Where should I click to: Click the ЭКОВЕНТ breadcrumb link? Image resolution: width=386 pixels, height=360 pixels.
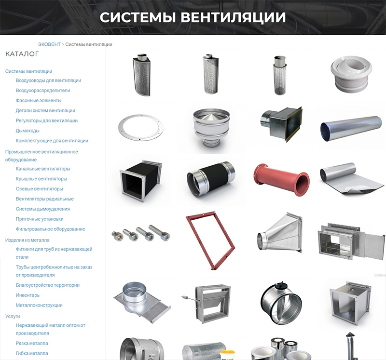point(49,44)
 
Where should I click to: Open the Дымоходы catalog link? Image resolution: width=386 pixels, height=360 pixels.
point(28,131)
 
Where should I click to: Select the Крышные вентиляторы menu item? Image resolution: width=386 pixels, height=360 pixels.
point(41,179)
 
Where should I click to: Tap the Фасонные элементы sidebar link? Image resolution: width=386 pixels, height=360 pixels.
point(39,100)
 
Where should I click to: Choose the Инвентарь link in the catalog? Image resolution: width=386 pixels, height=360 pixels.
point(28,295)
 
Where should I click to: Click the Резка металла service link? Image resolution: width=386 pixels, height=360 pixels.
point(32,343)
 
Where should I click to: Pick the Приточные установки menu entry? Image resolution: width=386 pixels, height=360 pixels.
point(40,219)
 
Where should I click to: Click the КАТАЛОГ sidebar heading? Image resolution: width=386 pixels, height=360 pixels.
point(22,54)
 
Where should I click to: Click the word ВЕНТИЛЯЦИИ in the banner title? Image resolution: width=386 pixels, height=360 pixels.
point(233,17)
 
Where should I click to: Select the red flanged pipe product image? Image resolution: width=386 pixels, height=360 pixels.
point(281,179)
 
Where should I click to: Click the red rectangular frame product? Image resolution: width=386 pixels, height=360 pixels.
point(210,240)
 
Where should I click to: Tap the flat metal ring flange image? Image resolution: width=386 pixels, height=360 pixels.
point(140,127)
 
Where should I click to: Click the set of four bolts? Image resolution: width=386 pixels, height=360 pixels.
point(141,233)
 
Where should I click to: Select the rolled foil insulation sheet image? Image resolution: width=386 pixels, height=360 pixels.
point(352,178)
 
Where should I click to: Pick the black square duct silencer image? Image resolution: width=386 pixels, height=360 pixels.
point(141,181)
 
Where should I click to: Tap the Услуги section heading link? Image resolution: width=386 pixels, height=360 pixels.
point(13,316)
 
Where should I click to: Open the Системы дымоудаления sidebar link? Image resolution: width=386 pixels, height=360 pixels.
point(43,209)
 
